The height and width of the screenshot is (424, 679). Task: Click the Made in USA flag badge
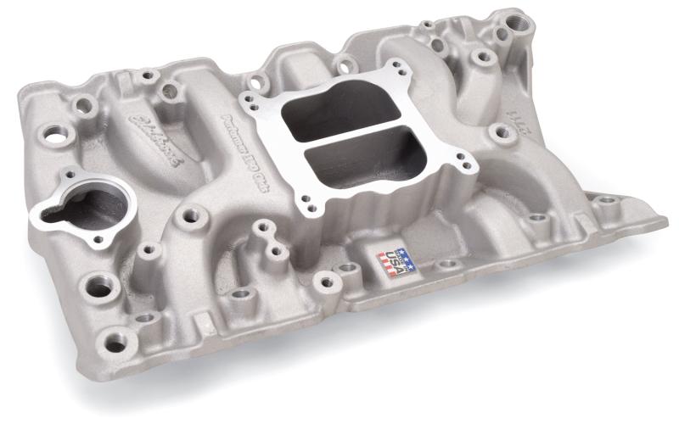(397, 261)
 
